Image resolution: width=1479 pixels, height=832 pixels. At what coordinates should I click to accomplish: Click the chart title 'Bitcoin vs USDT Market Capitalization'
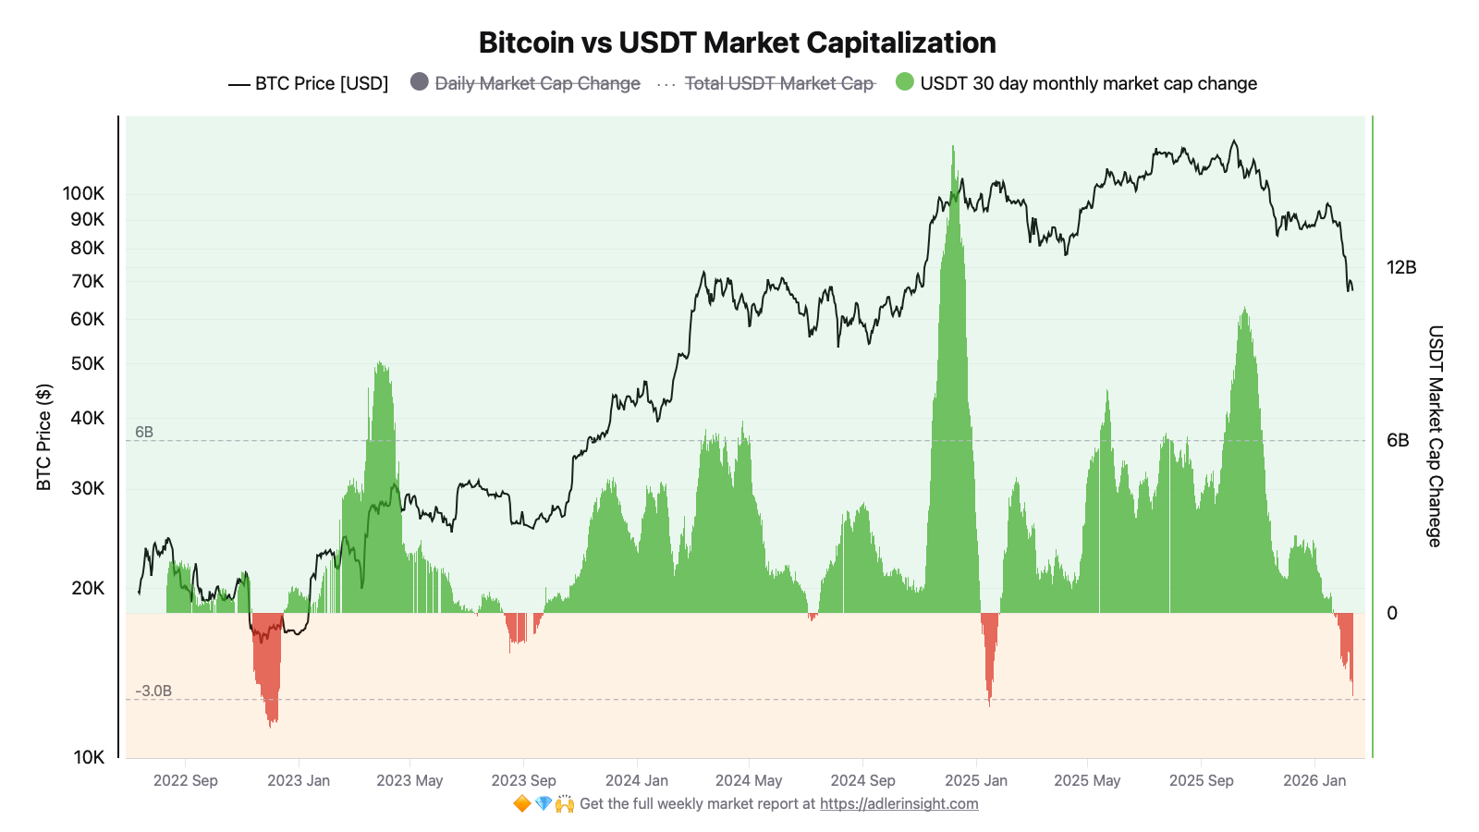point(737,43)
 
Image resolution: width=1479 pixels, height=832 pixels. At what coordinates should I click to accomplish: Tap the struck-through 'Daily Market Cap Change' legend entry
point(537,83)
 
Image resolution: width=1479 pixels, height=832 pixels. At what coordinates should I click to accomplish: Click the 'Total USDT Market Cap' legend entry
point(778,83)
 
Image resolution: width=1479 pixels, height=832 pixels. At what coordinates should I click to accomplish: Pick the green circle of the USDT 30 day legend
point(904,82)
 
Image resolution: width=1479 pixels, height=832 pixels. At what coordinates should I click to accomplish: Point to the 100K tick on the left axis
point(83,193)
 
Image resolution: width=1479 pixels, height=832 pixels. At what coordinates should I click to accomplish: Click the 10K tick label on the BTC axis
point(89,757)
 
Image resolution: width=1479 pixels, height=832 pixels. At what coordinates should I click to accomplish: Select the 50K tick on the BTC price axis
point(88,363)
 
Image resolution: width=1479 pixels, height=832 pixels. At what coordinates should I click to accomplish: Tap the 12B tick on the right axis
point(1401,267)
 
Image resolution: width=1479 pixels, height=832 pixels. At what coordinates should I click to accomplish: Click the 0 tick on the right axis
point(1392,613)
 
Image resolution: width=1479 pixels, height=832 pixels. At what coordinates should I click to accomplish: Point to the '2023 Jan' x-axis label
point(299,780)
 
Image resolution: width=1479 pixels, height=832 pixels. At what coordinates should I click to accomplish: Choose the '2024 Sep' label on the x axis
point(862,780)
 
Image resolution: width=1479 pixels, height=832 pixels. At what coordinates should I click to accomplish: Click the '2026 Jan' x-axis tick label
point(1314,780)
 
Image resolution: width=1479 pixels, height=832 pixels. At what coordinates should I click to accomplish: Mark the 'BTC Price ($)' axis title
point(44,436)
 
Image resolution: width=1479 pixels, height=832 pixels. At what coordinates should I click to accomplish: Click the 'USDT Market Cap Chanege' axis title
point(1435,435)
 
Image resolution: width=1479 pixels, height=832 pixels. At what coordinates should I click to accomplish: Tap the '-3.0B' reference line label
point(153,691)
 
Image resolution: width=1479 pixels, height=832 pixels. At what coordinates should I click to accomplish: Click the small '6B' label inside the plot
point(144,432)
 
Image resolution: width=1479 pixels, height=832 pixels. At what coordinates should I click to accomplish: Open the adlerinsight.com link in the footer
point(898,803)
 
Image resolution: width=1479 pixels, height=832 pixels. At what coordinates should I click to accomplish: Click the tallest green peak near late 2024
point(953,148)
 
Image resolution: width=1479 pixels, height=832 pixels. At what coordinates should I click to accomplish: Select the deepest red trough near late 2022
point(271,725)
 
